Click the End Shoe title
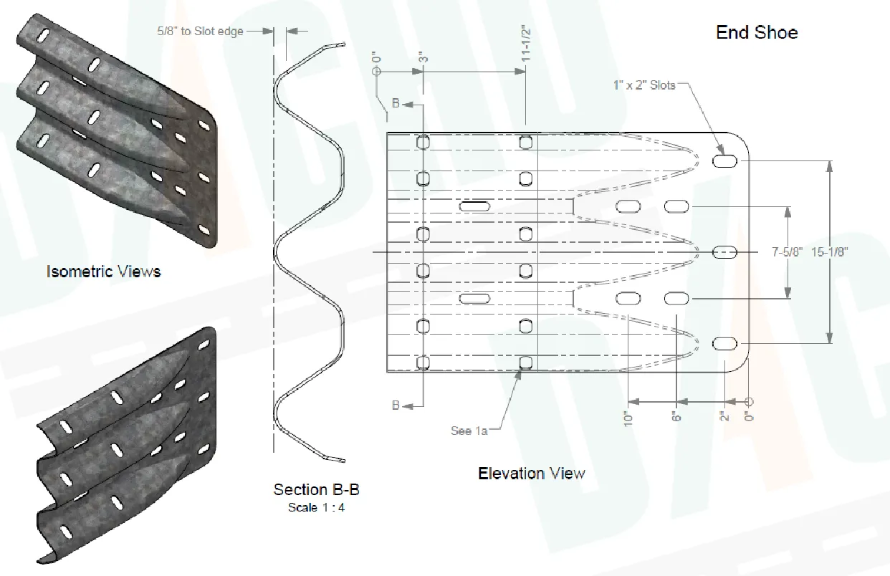757,32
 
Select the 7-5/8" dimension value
786,252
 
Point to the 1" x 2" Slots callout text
644,85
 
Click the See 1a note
469,431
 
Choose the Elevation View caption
531,474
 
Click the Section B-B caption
316,490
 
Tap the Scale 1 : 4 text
316,508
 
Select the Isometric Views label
103,272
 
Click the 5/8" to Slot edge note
200,32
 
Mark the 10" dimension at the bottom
629,418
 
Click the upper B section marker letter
396,105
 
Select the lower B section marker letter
396,405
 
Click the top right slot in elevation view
724,161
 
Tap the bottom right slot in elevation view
724,344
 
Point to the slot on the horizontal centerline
724,252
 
